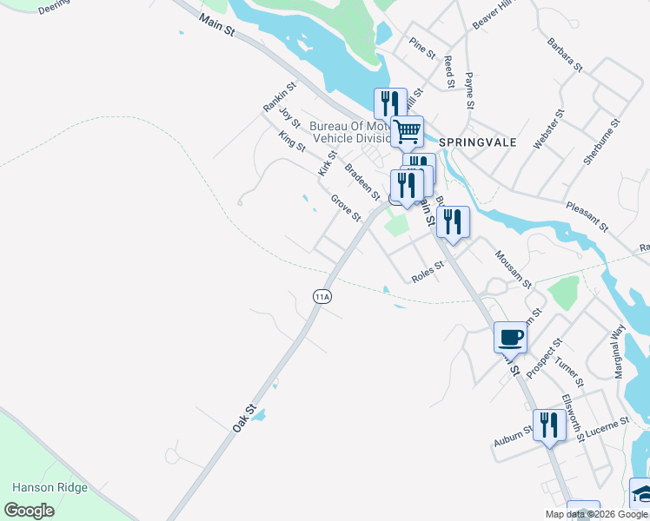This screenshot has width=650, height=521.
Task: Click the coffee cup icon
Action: [510, 337]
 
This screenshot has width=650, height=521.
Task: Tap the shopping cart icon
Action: [407, 132]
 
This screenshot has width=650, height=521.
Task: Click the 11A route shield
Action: [322, 296]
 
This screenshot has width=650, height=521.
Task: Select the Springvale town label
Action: [478, 142]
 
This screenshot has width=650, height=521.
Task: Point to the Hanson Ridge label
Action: [50, 488]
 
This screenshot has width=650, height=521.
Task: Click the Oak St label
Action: [245, 418]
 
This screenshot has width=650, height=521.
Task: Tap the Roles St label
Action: [428, 272]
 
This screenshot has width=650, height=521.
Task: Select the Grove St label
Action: [345, 208]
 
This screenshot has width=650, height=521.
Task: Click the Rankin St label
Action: [280, 97]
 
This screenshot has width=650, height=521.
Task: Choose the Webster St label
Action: [549, 129]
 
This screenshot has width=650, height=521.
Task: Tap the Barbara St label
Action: [564, 54]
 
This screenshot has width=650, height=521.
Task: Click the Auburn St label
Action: [513, 436]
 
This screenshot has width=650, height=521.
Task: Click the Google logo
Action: [30, 511]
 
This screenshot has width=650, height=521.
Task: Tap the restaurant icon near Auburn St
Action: [548, 425]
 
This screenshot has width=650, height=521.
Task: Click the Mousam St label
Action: [513, 269]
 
